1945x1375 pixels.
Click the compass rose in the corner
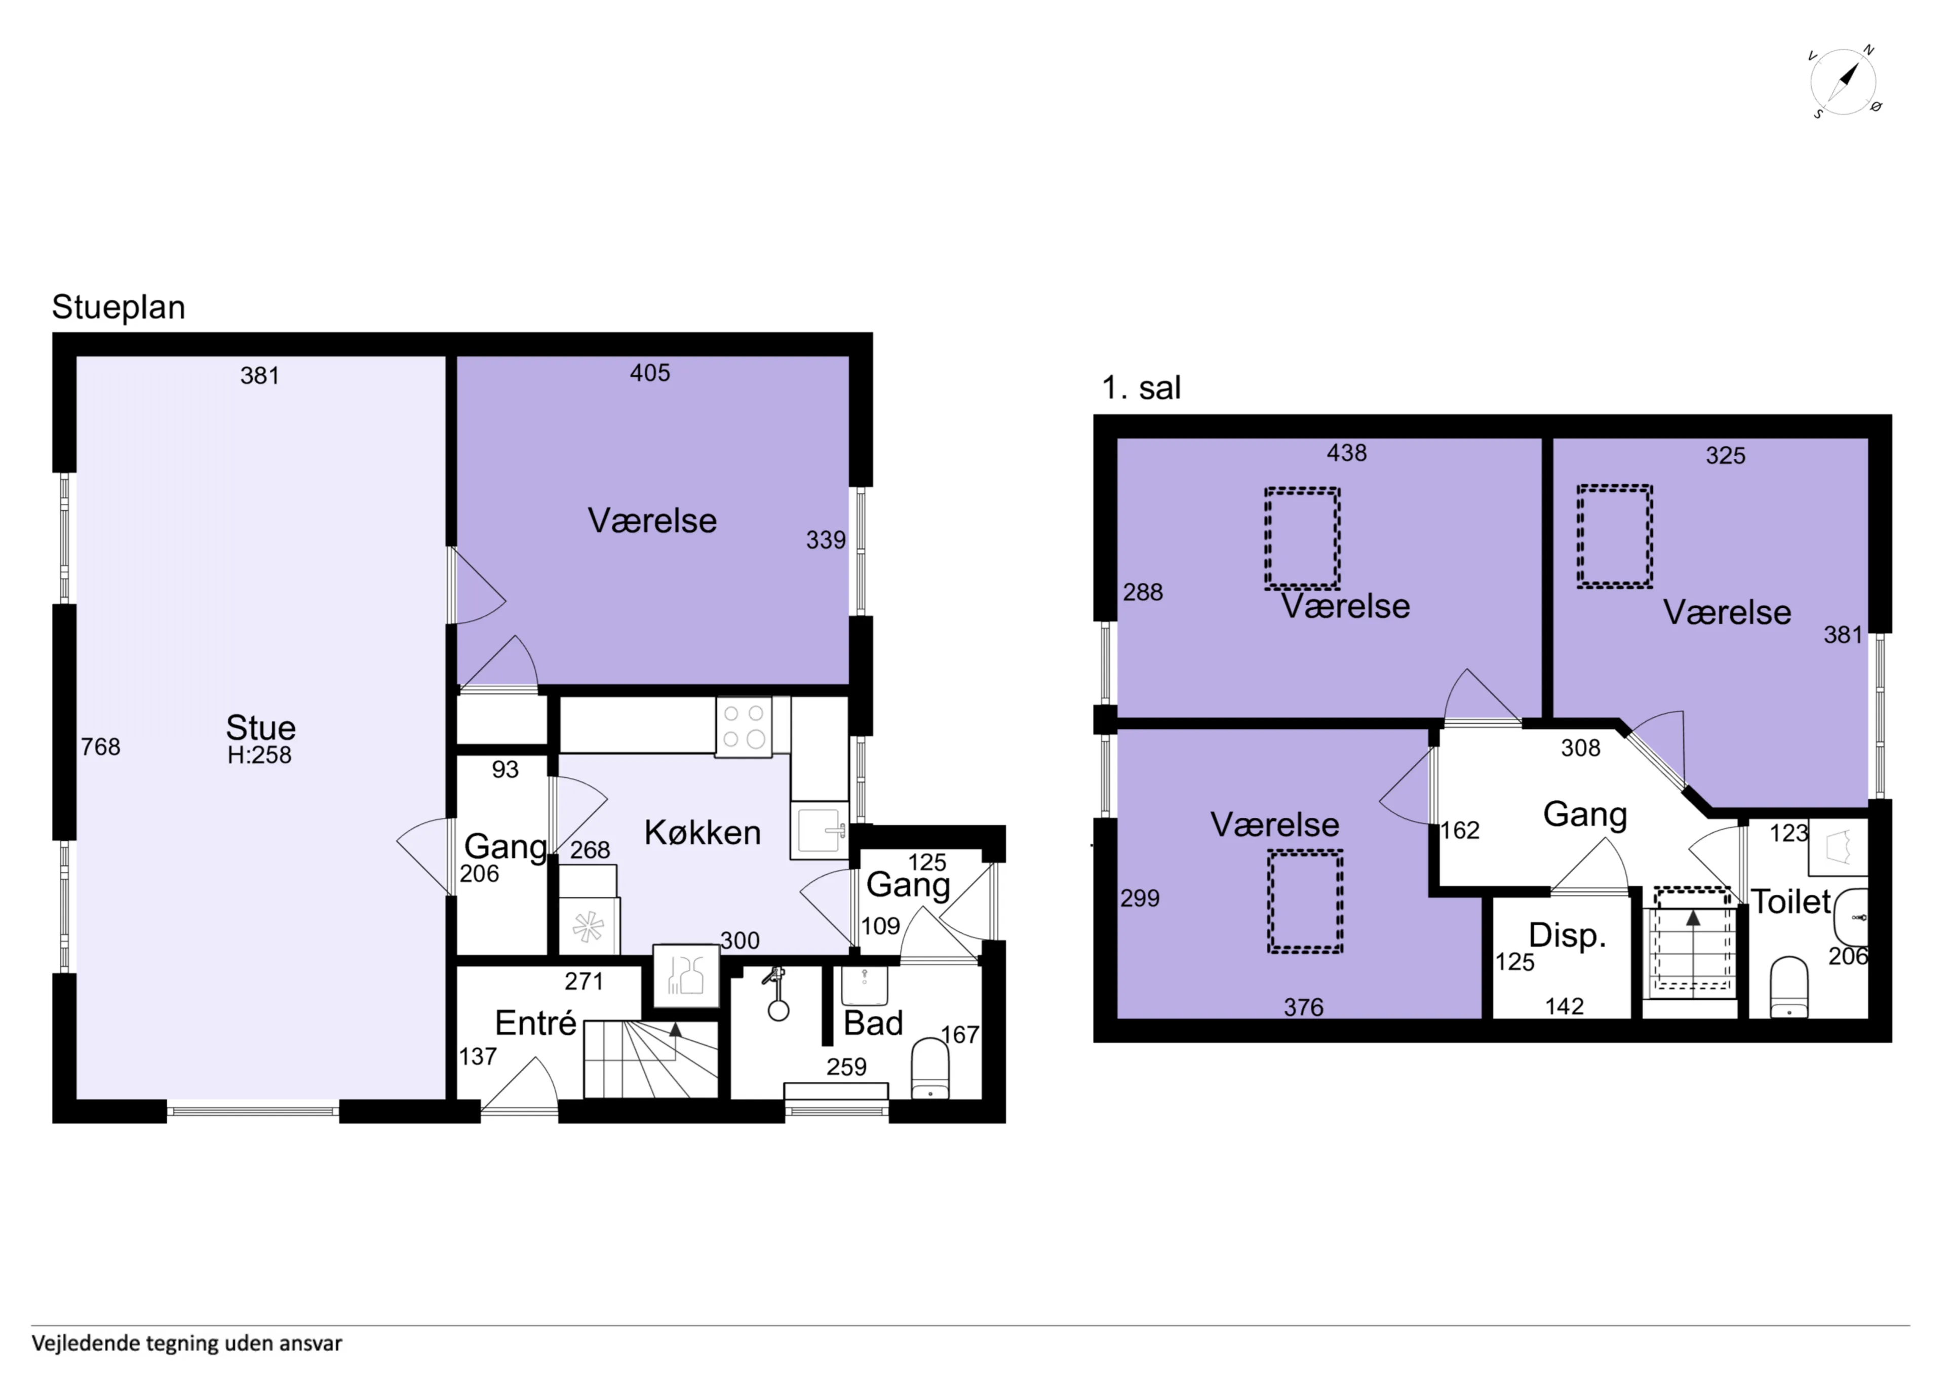point(1844,82)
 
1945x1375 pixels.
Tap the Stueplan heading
point(119,307)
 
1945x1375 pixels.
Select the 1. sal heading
point(1141,388)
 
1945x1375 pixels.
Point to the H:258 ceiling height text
point(259,755)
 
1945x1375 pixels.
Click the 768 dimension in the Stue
point(101,747)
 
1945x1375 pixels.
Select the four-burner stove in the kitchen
point(744,726)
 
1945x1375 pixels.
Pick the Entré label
point(535,1024)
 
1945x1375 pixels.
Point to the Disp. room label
point(1567,936)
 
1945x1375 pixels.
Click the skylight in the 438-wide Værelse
point(1302,538)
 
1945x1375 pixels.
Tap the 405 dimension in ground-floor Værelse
point(650,373)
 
